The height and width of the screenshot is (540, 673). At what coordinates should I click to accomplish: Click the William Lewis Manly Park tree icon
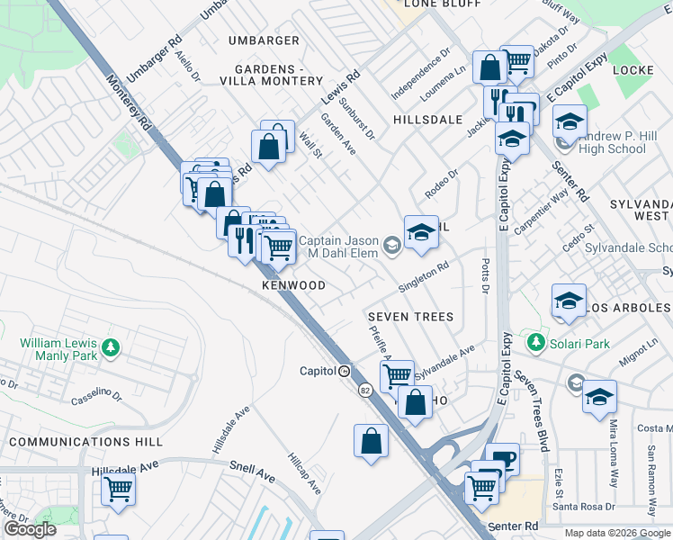point(111,347)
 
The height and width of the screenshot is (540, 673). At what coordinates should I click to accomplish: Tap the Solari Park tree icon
point(536,343)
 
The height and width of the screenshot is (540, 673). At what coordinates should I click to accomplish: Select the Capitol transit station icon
point(344,371)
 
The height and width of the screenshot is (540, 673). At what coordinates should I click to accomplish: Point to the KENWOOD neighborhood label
point(293,285)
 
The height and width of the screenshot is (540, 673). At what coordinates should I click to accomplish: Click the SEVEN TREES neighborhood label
point(410,317)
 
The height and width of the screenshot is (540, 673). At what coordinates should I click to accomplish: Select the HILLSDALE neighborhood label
point(427,119)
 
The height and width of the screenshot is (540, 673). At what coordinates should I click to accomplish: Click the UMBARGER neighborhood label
point(264,40)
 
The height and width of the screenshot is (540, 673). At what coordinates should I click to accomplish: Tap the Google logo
point(30,529)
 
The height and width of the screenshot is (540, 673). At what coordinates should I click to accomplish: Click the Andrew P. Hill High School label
point(613,142)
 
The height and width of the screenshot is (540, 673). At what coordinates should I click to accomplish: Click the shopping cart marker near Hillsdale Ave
point(118,490)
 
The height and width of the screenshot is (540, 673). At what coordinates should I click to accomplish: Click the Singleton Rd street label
point(424,276)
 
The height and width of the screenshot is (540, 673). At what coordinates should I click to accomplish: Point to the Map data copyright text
point(618,533)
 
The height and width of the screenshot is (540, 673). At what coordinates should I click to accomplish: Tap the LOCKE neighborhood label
point(633,69)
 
